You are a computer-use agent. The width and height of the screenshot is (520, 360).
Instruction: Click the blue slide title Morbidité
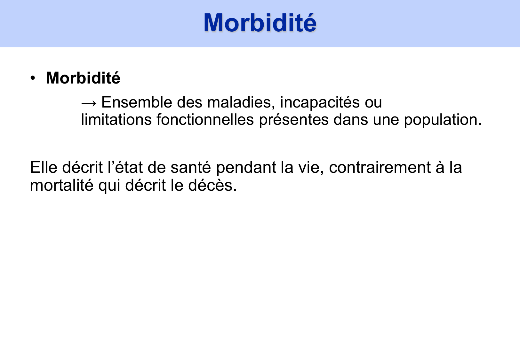pos(260,23)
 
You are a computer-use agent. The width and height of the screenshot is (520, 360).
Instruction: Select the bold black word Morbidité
pos(83,78)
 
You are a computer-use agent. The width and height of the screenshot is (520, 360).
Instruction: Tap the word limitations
pos(116,120)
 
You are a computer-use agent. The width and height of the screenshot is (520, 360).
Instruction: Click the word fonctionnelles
pos(205,120)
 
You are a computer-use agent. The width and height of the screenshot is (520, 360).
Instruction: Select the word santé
pos(191,168)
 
